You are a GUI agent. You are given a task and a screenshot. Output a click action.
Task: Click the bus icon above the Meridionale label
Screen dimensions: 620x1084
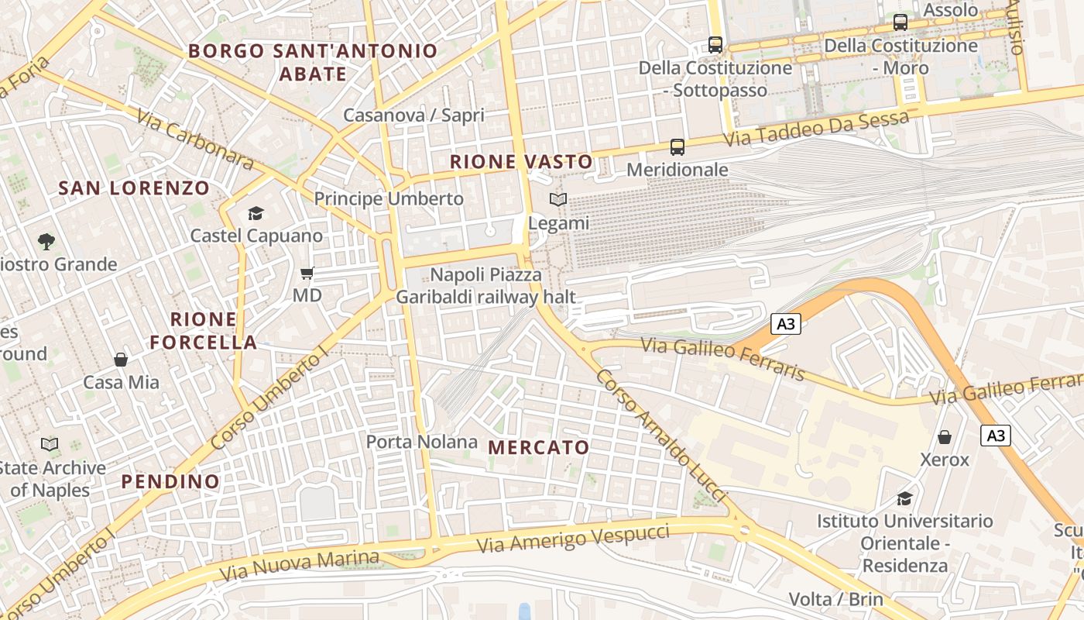(x=677, y=147)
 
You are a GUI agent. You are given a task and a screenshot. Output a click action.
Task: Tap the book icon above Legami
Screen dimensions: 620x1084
(x=558, y=200)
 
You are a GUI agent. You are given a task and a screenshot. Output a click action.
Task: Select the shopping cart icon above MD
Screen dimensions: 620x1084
(x=307, y=273)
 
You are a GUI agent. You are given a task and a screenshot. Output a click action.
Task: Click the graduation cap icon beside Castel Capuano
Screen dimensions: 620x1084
(x=256, y=213)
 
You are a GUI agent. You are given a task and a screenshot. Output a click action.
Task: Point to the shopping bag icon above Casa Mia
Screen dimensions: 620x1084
(x=121, y=360)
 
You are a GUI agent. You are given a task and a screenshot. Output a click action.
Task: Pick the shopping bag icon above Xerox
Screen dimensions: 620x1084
(x=945, y=437)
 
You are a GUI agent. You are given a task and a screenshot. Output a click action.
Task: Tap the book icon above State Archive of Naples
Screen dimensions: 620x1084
(x=50, y=445)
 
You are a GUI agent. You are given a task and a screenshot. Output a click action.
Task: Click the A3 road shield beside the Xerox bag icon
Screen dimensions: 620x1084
(x=996, y=436)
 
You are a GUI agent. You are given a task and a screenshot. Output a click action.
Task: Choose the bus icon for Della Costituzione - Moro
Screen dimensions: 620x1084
(x=900, y=22)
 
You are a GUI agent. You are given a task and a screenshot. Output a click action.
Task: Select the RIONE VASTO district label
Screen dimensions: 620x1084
(x=521, y=162)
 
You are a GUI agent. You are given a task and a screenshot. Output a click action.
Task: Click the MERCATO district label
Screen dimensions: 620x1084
(x=539, y=447)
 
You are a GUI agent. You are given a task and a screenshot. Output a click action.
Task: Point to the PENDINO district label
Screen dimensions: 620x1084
(x=170, y=481)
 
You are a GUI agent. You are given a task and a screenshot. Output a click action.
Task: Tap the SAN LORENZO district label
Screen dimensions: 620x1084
(x=134, y=188)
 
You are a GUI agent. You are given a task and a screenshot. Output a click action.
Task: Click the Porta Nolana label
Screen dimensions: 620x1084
(x=421, y=442)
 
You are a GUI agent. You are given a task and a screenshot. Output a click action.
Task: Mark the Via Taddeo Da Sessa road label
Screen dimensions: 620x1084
(x=816, y=129)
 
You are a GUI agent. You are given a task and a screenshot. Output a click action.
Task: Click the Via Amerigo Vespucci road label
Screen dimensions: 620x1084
(x=573, y=537)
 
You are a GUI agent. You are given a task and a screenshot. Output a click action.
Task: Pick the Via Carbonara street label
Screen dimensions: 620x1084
(x=195, y=140)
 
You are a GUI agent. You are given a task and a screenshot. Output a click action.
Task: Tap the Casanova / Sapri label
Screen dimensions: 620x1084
(x=413, y=115)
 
